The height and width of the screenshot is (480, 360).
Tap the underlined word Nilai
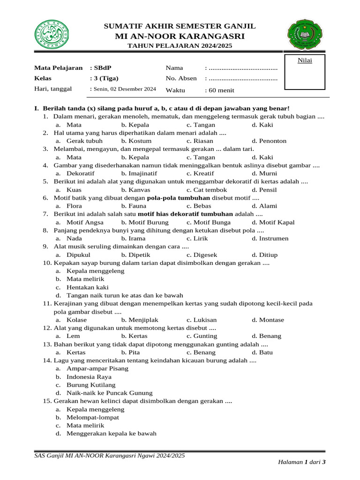click(305, 60)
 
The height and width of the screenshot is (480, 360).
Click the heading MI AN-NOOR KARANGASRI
click(180, 36)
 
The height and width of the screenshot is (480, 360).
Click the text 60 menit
click(222, 90)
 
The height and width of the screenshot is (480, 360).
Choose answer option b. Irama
click(133, 239)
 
